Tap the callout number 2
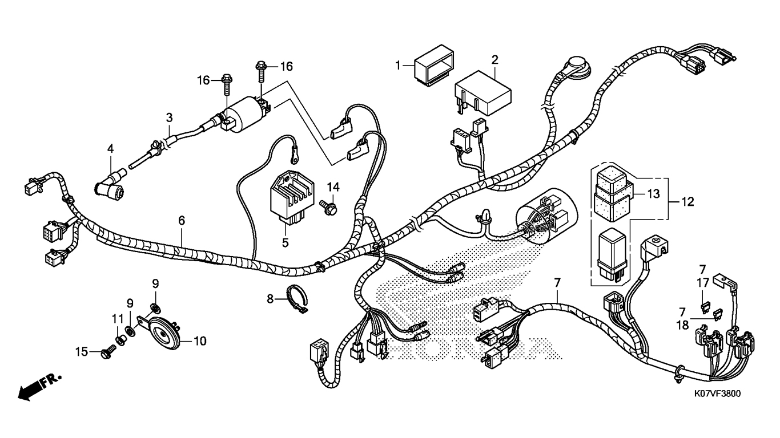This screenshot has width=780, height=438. pos(495,59)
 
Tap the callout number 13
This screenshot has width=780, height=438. pos(653,194)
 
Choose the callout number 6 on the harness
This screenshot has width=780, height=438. pos(182,220)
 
